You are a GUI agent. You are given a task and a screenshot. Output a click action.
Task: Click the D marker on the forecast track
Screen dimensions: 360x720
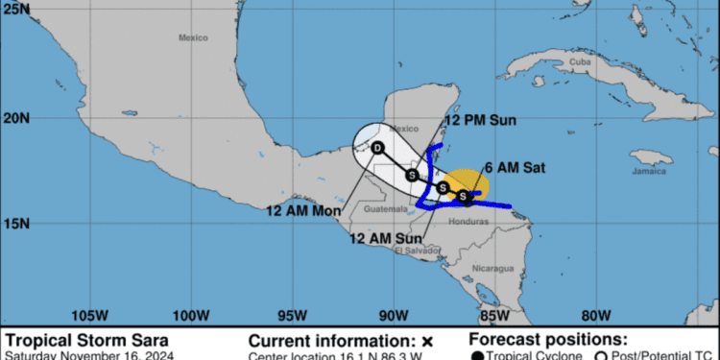377,148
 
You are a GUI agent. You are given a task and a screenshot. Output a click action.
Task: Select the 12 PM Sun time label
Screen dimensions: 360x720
480,121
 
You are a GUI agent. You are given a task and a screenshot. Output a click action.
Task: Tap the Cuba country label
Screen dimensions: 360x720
579,61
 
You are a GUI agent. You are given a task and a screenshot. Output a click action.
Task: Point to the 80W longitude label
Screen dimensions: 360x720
595,314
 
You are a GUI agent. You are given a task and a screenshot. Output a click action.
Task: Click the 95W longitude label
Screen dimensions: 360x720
292,314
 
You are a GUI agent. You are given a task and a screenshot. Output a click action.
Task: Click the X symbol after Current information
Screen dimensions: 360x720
428,341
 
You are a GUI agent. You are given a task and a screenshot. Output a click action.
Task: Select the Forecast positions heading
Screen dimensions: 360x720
548,340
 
